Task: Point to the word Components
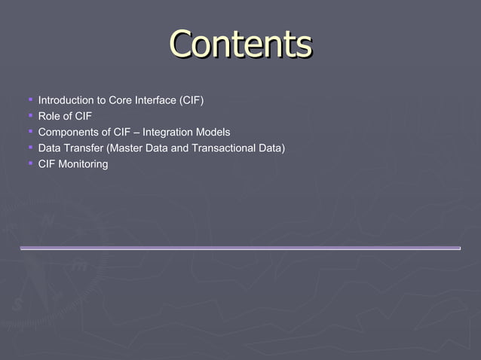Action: pos(69,132)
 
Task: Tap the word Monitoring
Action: pos(83,163)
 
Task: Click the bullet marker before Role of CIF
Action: pos(29,115)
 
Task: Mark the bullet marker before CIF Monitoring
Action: pos(29,163)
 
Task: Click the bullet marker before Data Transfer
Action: pos(29,147)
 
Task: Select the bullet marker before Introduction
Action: pos(29,99)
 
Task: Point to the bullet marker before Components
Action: pos(29,131)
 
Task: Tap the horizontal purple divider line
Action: pos(240,248)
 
